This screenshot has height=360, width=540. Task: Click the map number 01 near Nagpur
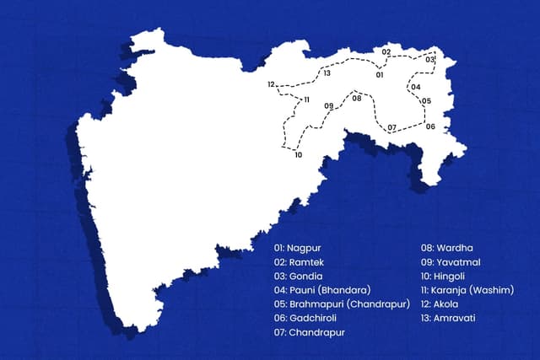click(x=380, y=75)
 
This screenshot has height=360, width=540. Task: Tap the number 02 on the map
click(x=386, y=52)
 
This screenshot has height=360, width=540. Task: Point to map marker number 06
click(x=430, y=126)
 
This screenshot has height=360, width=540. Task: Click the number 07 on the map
click(x=391, y=127)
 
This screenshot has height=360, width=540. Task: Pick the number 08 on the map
click(x=357, y=99)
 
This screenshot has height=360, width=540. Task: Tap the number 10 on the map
click(x=298, y=155)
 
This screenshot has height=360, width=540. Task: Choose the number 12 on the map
click(x=272, y=84)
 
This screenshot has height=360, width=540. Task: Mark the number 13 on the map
click(x=326, y=73)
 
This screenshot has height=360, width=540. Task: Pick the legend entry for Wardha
click(x=447, y=248)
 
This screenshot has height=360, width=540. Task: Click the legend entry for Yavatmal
click(x=450, y=262)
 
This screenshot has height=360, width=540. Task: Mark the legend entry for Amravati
click(x=450, y=319)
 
